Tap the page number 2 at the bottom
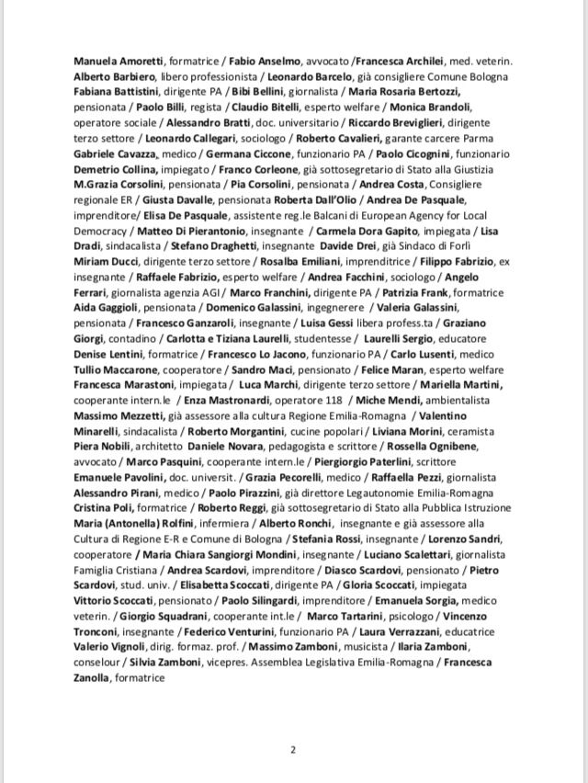293,749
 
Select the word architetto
159,446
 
